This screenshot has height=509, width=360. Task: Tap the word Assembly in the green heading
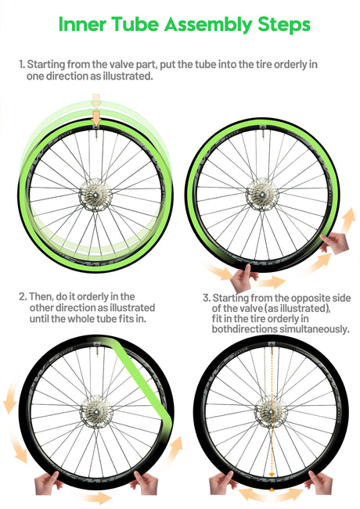click(208, 25)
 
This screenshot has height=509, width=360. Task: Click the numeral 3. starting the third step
click(207, 298)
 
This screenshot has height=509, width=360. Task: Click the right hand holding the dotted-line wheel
click(320, 482)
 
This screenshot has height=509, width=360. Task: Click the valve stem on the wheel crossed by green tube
click(96, 352)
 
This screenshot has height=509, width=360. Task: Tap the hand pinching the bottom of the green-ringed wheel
click(243, 278)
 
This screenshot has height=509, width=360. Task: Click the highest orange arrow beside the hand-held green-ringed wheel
click(348, 220)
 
